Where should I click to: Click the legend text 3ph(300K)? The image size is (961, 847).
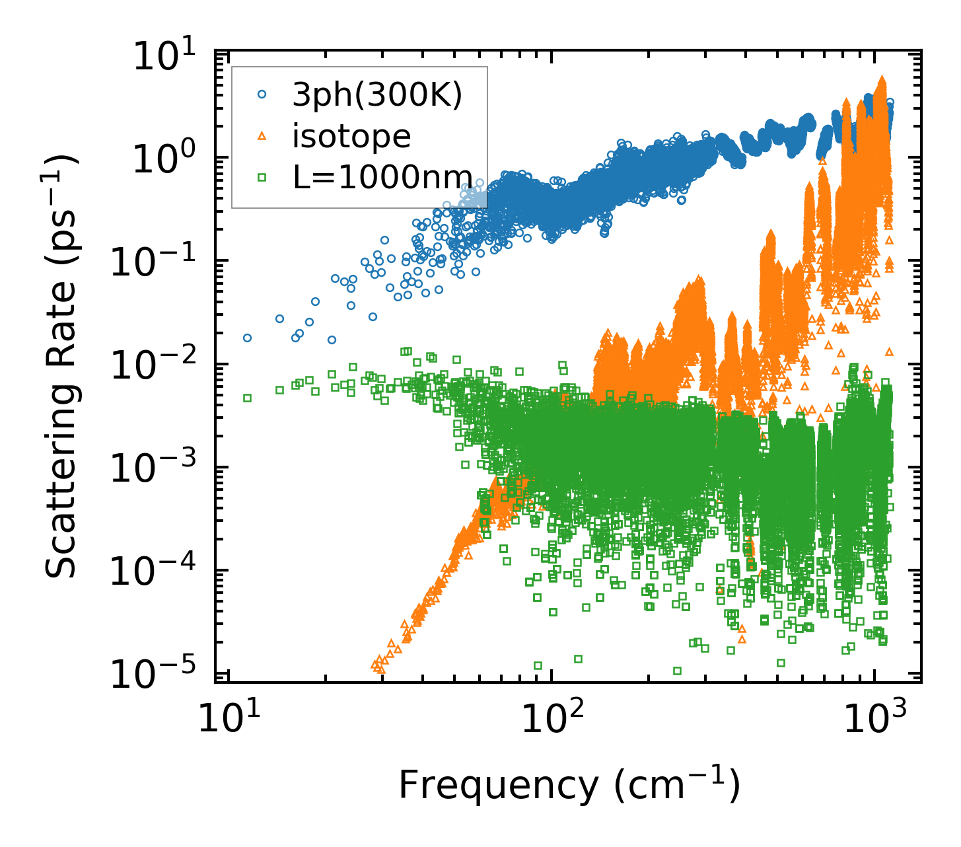(x=378, y=96)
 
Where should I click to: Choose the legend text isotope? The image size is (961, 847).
(x=352, y=137)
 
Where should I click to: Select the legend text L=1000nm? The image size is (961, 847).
(x=382, y=177)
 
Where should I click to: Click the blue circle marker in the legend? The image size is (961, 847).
(x=262, y=95)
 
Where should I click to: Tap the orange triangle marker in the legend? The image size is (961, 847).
(x=262, y=136)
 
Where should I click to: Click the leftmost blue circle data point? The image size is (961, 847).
(x=247, y=338)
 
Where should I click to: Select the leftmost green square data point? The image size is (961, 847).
(x=247, y=398)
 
